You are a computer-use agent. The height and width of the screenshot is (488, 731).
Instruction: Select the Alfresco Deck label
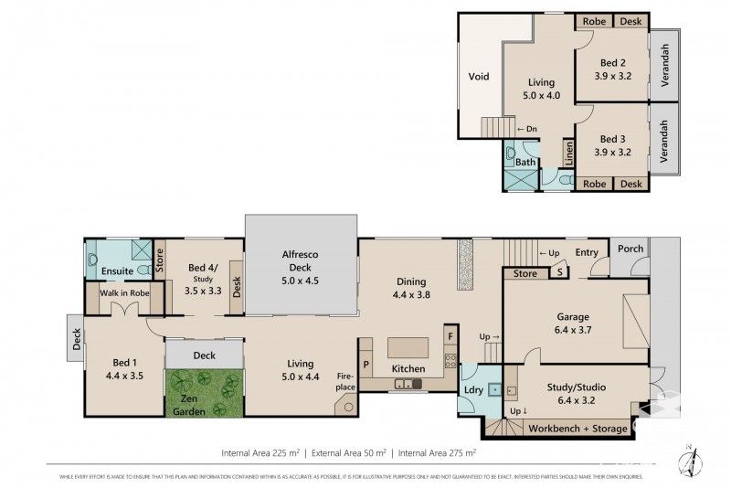tap(301, 260)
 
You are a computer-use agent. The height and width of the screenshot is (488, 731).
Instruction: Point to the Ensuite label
tap(117, 271)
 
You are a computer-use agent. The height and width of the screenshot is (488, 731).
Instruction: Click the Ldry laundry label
tap(473, 391)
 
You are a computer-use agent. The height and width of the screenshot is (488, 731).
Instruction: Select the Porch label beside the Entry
tap(630, 249)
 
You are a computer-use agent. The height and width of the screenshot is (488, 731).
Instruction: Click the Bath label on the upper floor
tap(524, 162)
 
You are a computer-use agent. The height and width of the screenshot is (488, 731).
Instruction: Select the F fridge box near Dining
tap(450, 335)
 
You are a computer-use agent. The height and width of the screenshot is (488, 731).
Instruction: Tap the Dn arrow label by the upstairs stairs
tap(526, 129)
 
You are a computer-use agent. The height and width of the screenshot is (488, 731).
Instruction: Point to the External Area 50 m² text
tap(350, 452)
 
